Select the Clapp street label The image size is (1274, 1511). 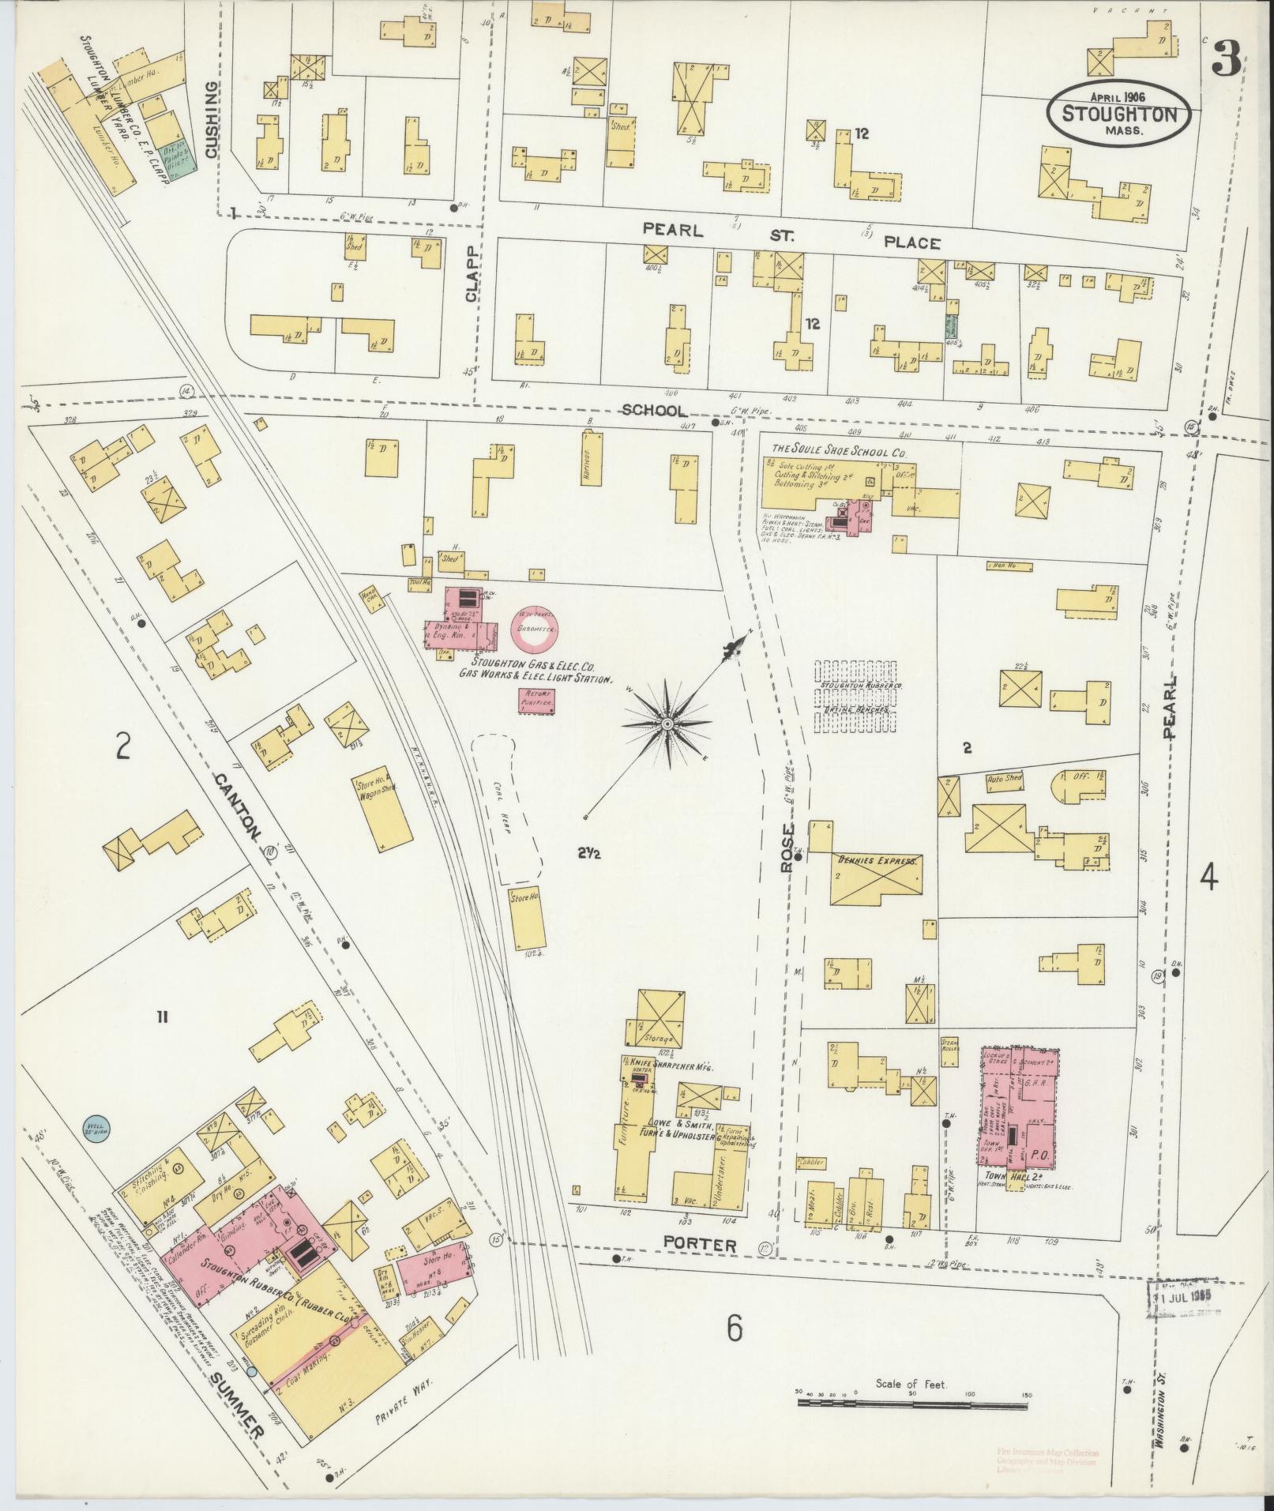[472, 281]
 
